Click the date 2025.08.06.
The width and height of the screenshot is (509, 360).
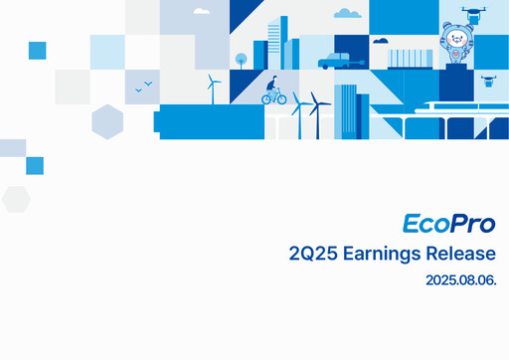[x=460, y=282]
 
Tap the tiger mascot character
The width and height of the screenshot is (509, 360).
[x=458, y=41]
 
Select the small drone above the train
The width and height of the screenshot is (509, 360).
[x=488, y=78]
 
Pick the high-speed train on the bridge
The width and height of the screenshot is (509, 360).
[x=457, y=110]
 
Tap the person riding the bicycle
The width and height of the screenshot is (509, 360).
[x=272, y=90]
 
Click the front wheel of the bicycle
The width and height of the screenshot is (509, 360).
[x=281, y=98]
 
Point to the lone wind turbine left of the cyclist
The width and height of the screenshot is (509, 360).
[x=212, y=88]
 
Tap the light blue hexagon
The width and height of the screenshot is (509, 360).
[x=106, y=122]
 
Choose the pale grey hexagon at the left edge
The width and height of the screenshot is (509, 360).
[x=15, y=199]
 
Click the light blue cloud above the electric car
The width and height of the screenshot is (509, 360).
[x=348, y=14]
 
